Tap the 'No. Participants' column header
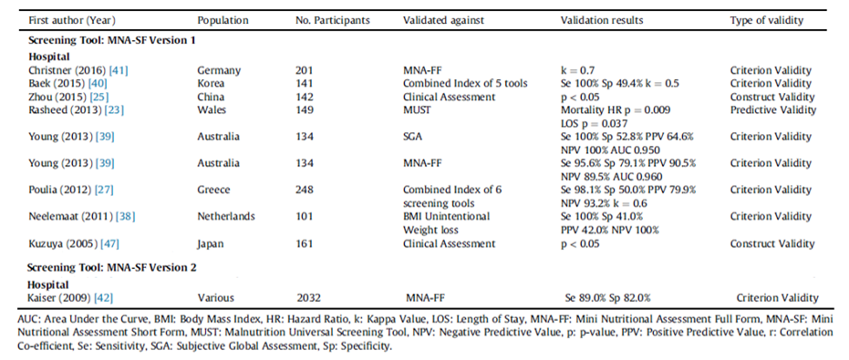[x=331, y=20]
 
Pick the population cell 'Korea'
[x=212, y=82]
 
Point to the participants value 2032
[x=309, y=297]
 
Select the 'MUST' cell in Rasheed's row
[x=418, y=109]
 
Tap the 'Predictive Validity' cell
[x=772, y=109]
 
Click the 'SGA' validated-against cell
[x=414, y=136]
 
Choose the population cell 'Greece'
[x=214, y=190]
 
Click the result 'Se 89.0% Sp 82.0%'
[x=610, y=297]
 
